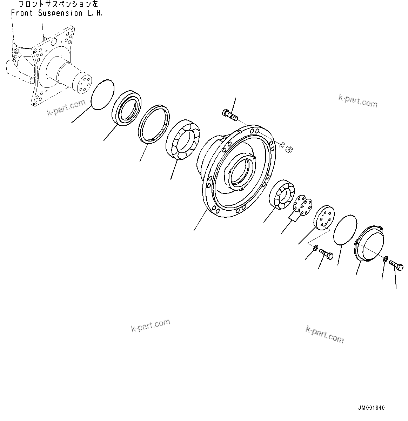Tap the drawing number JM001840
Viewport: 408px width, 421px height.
tap(371, 408)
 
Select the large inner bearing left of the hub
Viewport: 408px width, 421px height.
tap(182, 140)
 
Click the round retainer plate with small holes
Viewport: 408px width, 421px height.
tap(323, 218)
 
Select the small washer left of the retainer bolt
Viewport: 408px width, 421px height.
tap(315, 248)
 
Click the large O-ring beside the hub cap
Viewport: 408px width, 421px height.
tap(345, 230)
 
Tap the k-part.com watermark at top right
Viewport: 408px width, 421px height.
tap(358, 101)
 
